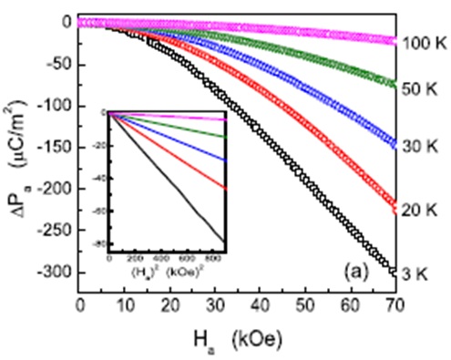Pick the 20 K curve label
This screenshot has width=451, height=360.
coord(422,209)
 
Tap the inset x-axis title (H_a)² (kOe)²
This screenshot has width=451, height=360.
coord(167,271)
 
